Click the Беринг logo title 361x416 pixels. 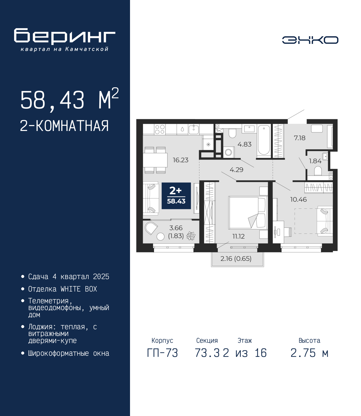pos(65,36)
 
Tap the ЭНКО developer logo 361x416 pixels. pos(310,40)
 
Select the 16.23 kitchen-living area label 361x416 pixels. pos(180,160)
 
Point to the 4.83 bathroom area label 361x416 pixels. pos(245,144)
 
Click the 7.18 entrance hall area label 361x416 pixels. pos(300,138)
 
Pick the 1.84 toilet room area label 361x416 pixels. pos(315,161)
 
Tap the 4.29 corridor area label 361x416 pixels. pos(236,170)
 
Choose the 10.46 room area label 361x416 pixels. pos(298,199)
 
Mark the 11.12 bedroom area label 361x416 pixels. pos(238,236)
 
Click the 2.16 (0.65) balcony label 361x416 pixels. pos(236,258)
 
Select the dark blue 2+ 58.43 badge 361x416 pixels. pos(176,196)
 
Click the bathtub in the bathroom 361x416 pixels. pos(264,141)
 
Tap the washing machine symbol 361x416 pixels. pos(228,152)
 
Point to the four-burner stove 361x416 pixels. pos(160,129)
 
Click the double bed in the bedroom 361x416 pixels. pos(248,213)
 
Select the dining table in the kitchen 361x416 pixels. pos(155,160)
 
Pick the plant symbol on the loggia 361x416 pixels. pos(191,236)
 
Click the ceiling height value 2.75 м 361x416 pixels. pos(309,353)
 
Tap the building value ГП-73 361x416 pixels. pos(162,353)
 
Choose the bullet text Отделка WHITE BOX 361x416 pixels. pos(63,289)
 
